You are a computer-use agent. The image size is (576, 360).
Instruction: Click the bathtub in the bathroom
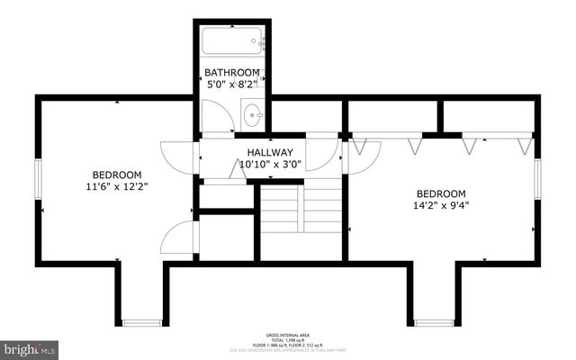[232, 41]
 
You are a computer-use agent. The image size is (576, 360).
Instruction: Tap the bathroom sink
[253, 115]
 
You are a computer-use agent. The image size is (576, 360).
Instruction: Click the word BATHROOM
[232, 73]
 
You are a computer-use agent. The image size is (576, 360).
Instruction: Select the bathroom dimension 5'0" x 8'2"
[232, 85]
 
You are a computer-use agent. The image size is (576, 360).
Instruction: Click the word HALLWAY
[270, 153]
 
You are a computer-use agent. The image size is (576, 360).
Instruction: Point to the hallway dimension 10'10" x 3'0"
[270, 165]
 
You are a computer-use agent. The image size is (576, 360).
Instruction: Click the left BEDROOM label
[117, 175]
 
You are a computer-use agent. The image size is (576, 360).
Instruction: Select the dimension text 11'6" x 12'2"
[117, 187]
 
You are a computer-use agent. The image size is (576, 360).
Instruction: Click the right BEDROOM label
[440, 193]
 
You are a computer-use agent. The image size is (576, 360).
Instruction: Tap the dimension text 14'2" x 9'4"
[440, 205]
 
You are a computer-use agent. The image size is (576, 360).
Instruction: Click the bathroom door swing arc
[217, 116]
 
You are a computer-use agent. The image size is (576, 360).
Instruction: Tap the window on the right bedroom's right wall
[536, 179]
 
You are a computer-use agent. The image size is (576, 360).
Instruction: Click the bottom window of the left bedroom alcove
[141, 322]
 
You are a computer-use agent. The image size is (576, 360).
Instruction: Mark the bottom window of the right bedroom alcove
[434, 322]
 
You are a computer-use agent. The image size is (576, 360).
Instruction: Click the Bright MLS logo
[30, 346]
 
